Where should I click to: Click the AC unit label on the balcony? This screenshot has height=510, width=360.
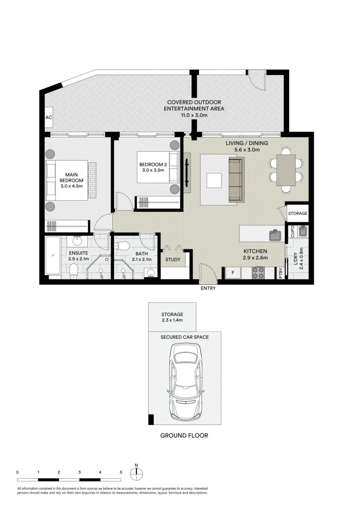[x=48, y=118]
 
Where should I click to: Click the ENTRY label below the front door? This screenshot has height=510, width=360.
[x=208, y=288]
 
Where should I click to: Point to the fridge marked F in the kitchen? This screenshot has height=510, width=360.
[x=233, y=273]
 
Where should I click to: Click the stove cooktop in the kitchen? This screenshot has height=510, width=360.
[x=259, y=273]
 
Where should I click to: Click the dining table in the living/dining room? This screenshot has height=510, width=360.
[x=285, y=170]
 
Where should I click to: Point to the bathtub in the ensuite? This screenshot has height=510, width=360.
[x=52, y=255]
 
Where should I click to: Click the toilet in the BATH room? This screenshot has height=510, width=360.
[x=123, y=246]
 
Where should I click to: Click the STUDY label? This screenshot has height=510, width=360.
[x=172, y=260]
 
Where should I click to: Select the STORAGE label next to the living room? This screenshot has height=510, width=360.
[x=298, y=213]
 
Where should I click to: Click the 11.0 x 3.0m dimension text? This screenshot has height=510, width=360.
[x=193, y=115]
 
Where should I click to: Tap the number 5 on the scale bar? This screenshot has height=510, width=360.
[x=121, y=472]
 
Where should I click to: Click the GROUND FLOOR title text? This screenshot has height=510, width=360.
[x=184, y=435]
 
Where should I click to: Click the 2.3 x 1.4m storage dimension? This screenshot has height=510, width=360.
[x=172, y=321]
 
